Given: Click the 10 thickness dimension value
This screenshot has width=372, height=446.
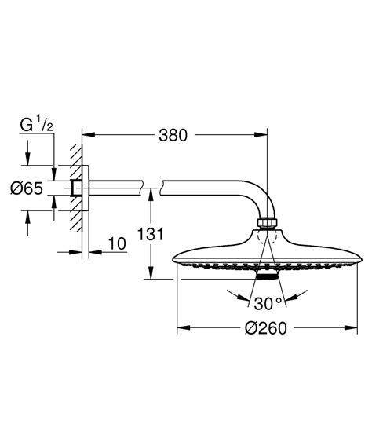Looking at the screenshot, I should [x=117, y=244].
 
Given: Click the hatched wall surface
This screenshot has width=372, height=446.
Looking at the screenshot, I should [x=74, y=188].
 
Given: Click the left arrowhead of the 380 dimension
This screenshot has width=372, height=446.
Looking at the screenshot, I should [x=86, y=134].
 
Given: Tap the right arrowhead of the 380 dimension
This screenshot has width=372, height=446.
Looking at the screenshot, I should [x=264, y=134].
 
